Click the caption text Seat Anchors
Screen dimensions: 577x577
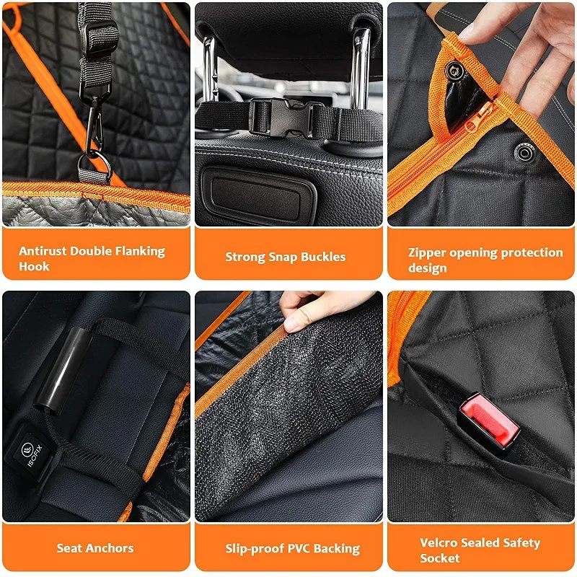pyautogui.click(x=95, y=548)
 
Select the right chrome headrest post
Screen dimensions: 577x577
pyautogui.click(x=360, y=69)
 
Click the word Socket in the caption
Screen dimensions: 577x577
pyautogui.click(x=440, y=558)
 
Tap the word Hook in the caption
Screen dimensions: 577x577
pyautogui.click(x=35, y=267)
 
